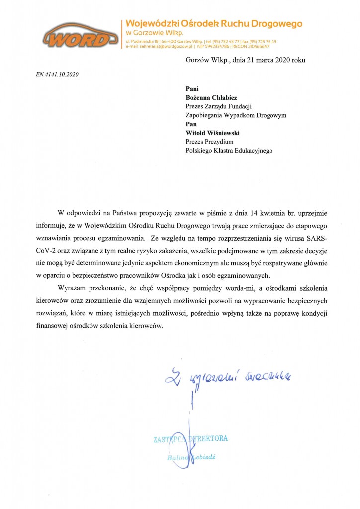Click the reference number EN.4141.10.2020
57,75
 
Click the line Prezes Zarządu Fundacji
219,106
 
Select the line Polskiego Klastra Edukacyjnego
229,150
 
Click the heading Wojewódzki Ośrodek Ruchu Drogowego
214,23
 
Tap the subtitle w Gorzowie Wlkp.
151,33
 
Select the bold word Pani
192,89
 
